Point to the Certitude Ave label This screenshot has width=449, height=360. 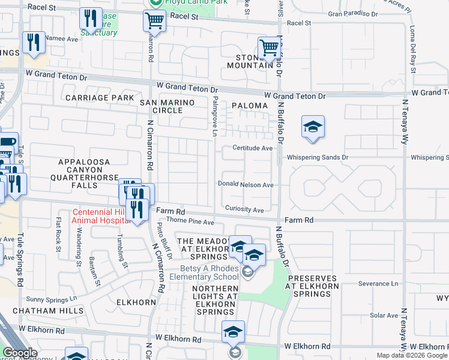pos(253,148)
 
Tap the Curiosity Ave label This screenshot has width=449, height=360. pos(244,210)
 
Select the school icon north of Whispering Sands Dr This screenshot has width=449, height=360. pos(313,127)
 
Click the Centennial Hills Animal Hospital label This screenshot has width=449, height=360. pos(100,216)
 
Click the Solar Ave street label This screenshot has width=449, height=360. pos(384,315)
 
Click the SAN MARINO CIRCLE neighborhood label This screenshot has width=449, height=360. pos(168,106)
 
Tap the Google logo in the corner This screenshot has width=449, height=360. pos(20,353)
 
